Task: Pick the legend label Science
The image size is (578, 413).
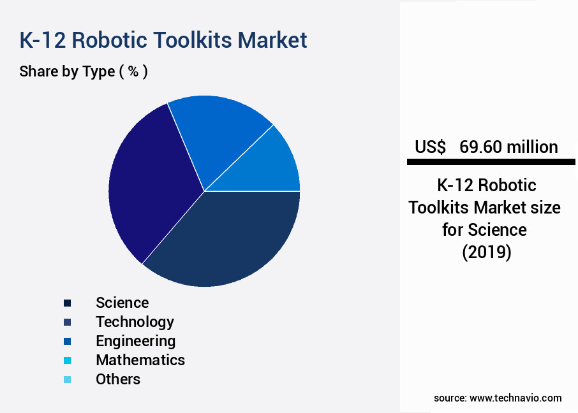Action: [x=122, y=303]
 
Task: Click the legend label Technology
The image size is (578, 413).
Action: [x=135, y=322]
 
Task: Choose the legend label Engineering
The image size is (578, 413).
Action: [x=135, y=341]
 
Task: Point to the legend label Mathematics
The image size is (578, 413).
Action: [x=140, y=360]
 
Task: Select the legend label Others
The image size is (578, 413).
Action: [x=118, y=379]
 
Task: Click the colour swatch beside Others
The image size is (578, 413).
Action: [x=67, y=380]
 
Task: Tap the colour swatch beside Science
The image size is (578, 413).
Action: [x=67, y=303]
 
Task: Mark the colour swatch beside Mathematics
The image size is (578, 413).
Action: [x=67, y=361]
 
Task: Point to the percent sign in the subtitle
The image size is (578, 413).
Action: [x=133, y=71]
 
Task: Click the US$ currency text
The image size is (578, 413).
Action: [x=431, y=147]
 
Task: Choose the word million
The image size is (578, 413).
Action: [x=532, y=147]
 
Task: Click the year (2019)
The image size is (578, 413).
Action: [x=486, y=252]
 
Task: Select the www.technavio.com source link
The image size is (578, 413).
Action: [x=515, y=398]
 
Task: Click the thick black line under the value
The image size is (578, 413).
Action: [x=491, y=163]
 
